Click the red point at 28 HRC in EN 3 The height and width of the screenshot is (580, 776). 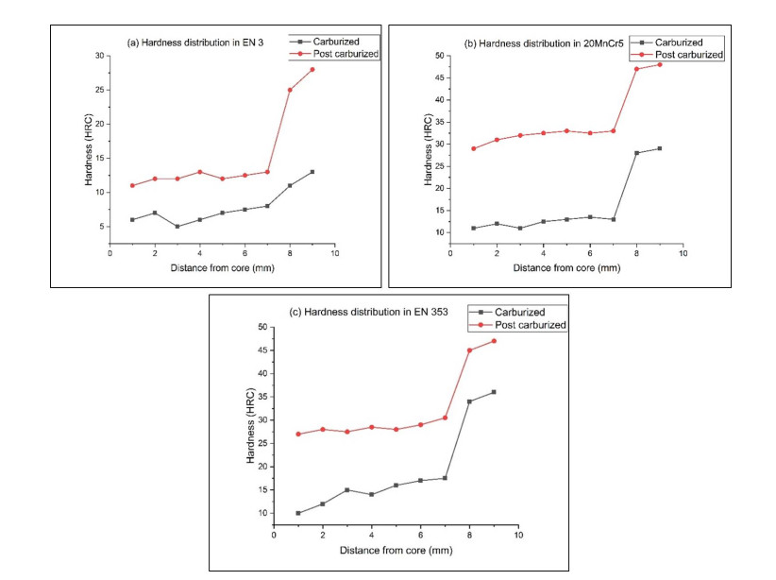312,70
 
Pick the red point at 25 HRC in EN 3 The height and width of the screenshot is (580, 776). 290,90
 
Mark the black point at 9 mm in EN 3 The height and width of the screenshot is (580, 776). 312,172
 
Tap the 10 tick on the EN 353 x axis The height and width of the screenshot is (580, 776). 518,536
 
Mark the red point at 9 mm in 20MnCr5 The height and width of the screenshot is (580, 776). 659,64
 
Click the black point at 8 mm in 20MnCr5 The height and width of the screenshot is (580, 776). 636,153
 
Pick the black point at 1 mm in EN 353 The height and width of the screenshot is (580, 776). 298,513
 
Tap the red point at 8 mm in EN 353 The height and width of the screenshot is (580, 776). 469,350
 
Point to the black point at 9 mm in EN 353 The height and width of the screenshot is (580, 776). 494,392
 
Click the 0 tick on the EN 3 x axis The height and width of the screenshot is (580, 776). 110,254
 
